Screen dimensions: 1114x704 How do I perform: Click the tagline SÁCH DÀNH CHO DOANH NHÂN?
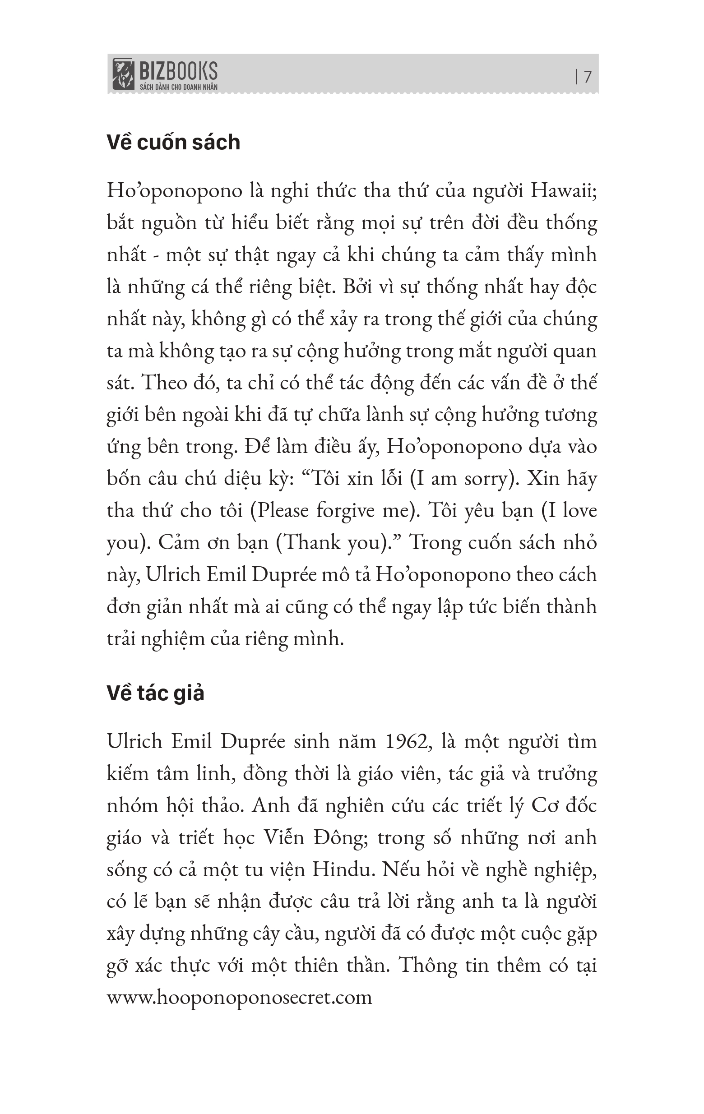click(x=179, y=87)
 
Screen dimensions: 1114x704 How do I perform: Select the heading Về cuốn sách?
click(x=174, y=143)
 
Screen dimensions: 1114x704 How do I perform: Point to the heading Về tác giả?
click(x=156, y=693)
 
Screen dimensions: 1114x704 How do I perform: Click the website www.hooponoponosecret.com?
click(x=239, y=997)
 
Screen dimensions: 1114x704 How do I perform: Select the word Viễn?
click(x=283, y=837)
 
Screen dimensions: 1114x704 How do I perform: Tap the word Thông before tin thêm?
click(x=427, y=965)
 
